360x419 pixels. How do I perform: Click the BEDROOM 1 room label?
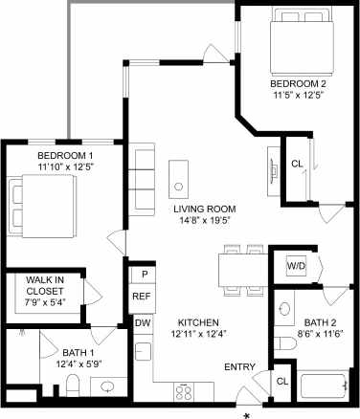pos(65,156)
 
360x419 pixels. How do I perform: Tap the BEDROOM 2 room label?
pos(297,84)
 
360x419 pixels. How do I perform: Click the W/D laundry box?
pos(296,266)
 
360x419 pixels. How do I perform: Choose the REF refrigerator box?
pos(141,297)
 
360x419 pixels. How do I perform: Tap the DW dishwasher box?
pos(141,323)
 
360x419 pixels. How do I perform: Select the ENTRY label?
pos(239,367)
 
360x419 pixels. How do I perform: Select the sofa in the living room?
pos(145,178)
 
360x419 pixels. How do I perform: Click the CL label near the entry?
pos(282,381)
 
